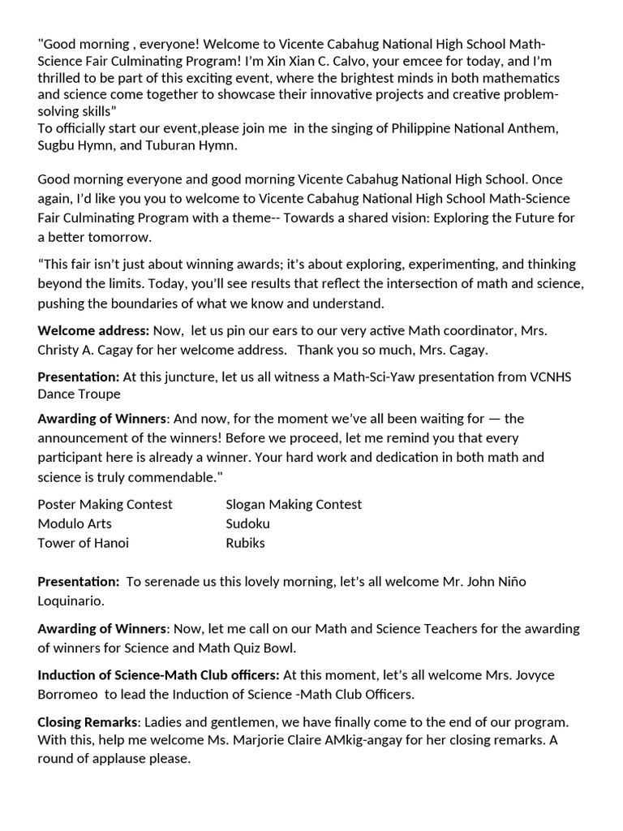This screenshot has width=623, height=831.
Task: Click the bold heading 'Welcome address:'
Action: (x=93, y=330)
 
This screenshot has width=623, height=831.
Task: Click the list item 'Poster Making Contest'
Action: (x=105, y=504)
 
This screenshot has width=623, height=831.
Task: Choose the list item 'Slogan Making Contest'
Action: (x=294, y=504)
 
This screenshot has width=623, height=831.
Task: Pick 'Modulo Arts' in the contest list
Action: (x=75, y=523)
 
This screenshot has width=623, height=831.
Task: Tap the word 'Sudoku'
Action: (x=247, y=523)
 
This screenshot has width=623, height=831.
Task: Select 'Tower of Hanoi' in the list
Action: (x=83, y=543)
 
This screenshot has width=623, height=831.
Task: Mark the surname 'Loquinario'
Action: (x=69, y=601)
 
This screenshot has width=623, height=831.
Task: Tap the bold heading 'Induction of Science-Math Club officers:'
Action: (x=158, y=674)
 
